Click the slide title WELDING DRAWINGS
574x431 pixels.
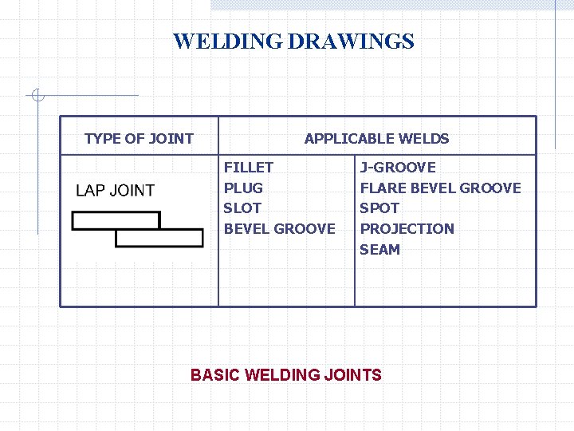(x=293, y=42)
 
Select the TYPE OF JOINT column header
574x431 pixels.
(x=139, y=138)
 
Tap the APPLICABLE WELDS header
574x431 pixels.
(x=376, y=138)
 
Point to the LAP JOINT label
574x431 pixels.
(x=115, y=190)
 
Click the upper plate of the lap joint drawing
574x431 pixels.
(x=116, y=220)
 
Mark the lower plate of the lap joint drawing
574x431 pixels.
(x=159, y=238)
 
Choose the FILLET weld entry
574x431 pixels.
(x=248, y=168)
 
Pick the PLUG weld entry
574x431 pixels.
(x=243, y=188)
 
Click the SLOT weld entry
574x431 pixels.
(x=242, y=208)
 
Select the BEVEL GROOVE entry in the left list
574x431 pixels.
(x=279, y=229)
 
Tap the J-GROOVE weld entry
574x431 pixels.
(x=398, y=168)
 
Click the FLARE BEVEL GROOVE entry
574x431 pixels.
(x=440, y=188)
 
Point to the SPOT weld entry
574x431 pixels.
(x=379, y=208)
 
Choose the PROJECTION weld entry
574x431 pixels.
(x=407, y=229)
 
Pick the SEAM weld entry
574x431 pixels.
(x=379, y=250)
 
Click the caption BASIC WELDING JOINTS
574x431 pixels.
(x=286, y=374)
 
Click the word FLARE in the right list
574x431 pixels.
(x=381, y=188)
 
